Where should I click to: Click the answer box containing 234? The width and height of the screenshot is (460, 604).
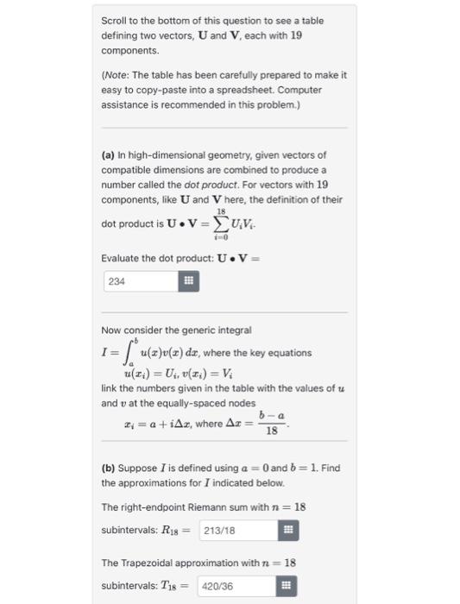(138, 280)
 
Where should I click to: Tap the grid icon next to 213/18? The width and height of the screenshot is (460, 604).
(288, 530)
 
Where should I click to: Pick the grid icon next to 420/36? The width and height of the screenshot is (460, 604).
(287, 585)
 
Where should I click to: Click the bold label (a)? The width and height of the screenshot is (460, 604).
(109, 154)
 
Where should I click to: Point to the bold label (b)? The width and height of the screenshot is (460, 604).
(109, 468)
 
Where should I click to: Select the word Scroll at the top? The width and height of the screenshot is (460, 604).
(114, 20)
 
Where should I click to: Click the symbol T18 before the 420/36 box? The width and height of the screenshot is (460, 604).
(183, 585)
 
